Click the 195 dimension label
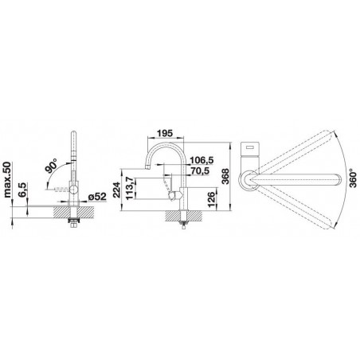[x=165, y=133]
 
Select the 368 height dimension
[x=225, y=176]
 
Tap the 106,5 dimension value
[x=202, y=160]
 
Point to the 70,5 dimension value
[x=200, y=170]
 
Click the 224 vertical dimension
[x=116, y=190]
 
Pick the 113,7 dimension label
[x=129, y=188]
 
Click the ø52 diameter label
[x=97, y=197]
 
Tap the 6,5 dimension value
[x=23, y=190]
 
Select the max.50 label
[x=7, y=180]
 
